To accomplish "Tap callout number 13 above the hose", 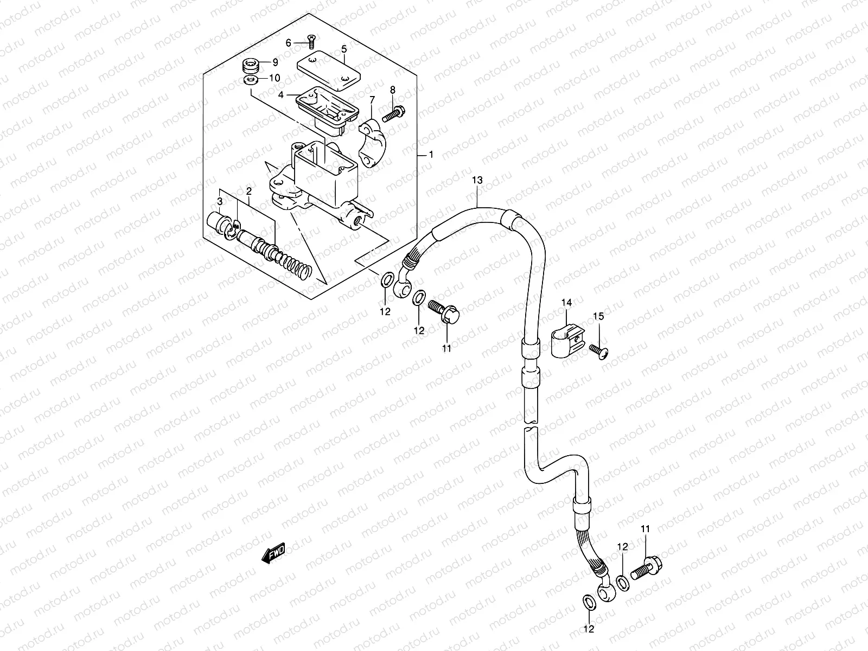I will pyautogui.click(x=476, y=180).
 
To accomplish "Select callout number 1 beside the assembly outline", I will pyautogui.click(x=431, y=155).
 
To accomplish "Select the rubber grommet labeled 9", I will pyautogui.click(x=251, y=67).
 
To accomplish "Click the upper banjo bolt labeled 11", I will pyautogui.click(x=444, y=311).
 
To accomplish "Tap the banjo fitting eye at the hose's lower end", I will pyautogui.click(x=606, y=593).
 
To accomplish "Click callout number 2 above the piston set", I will pyautogui.click(x=248, y=191).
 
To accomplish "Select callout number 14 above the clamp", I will pyautogui.click(x=566, y=302).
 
